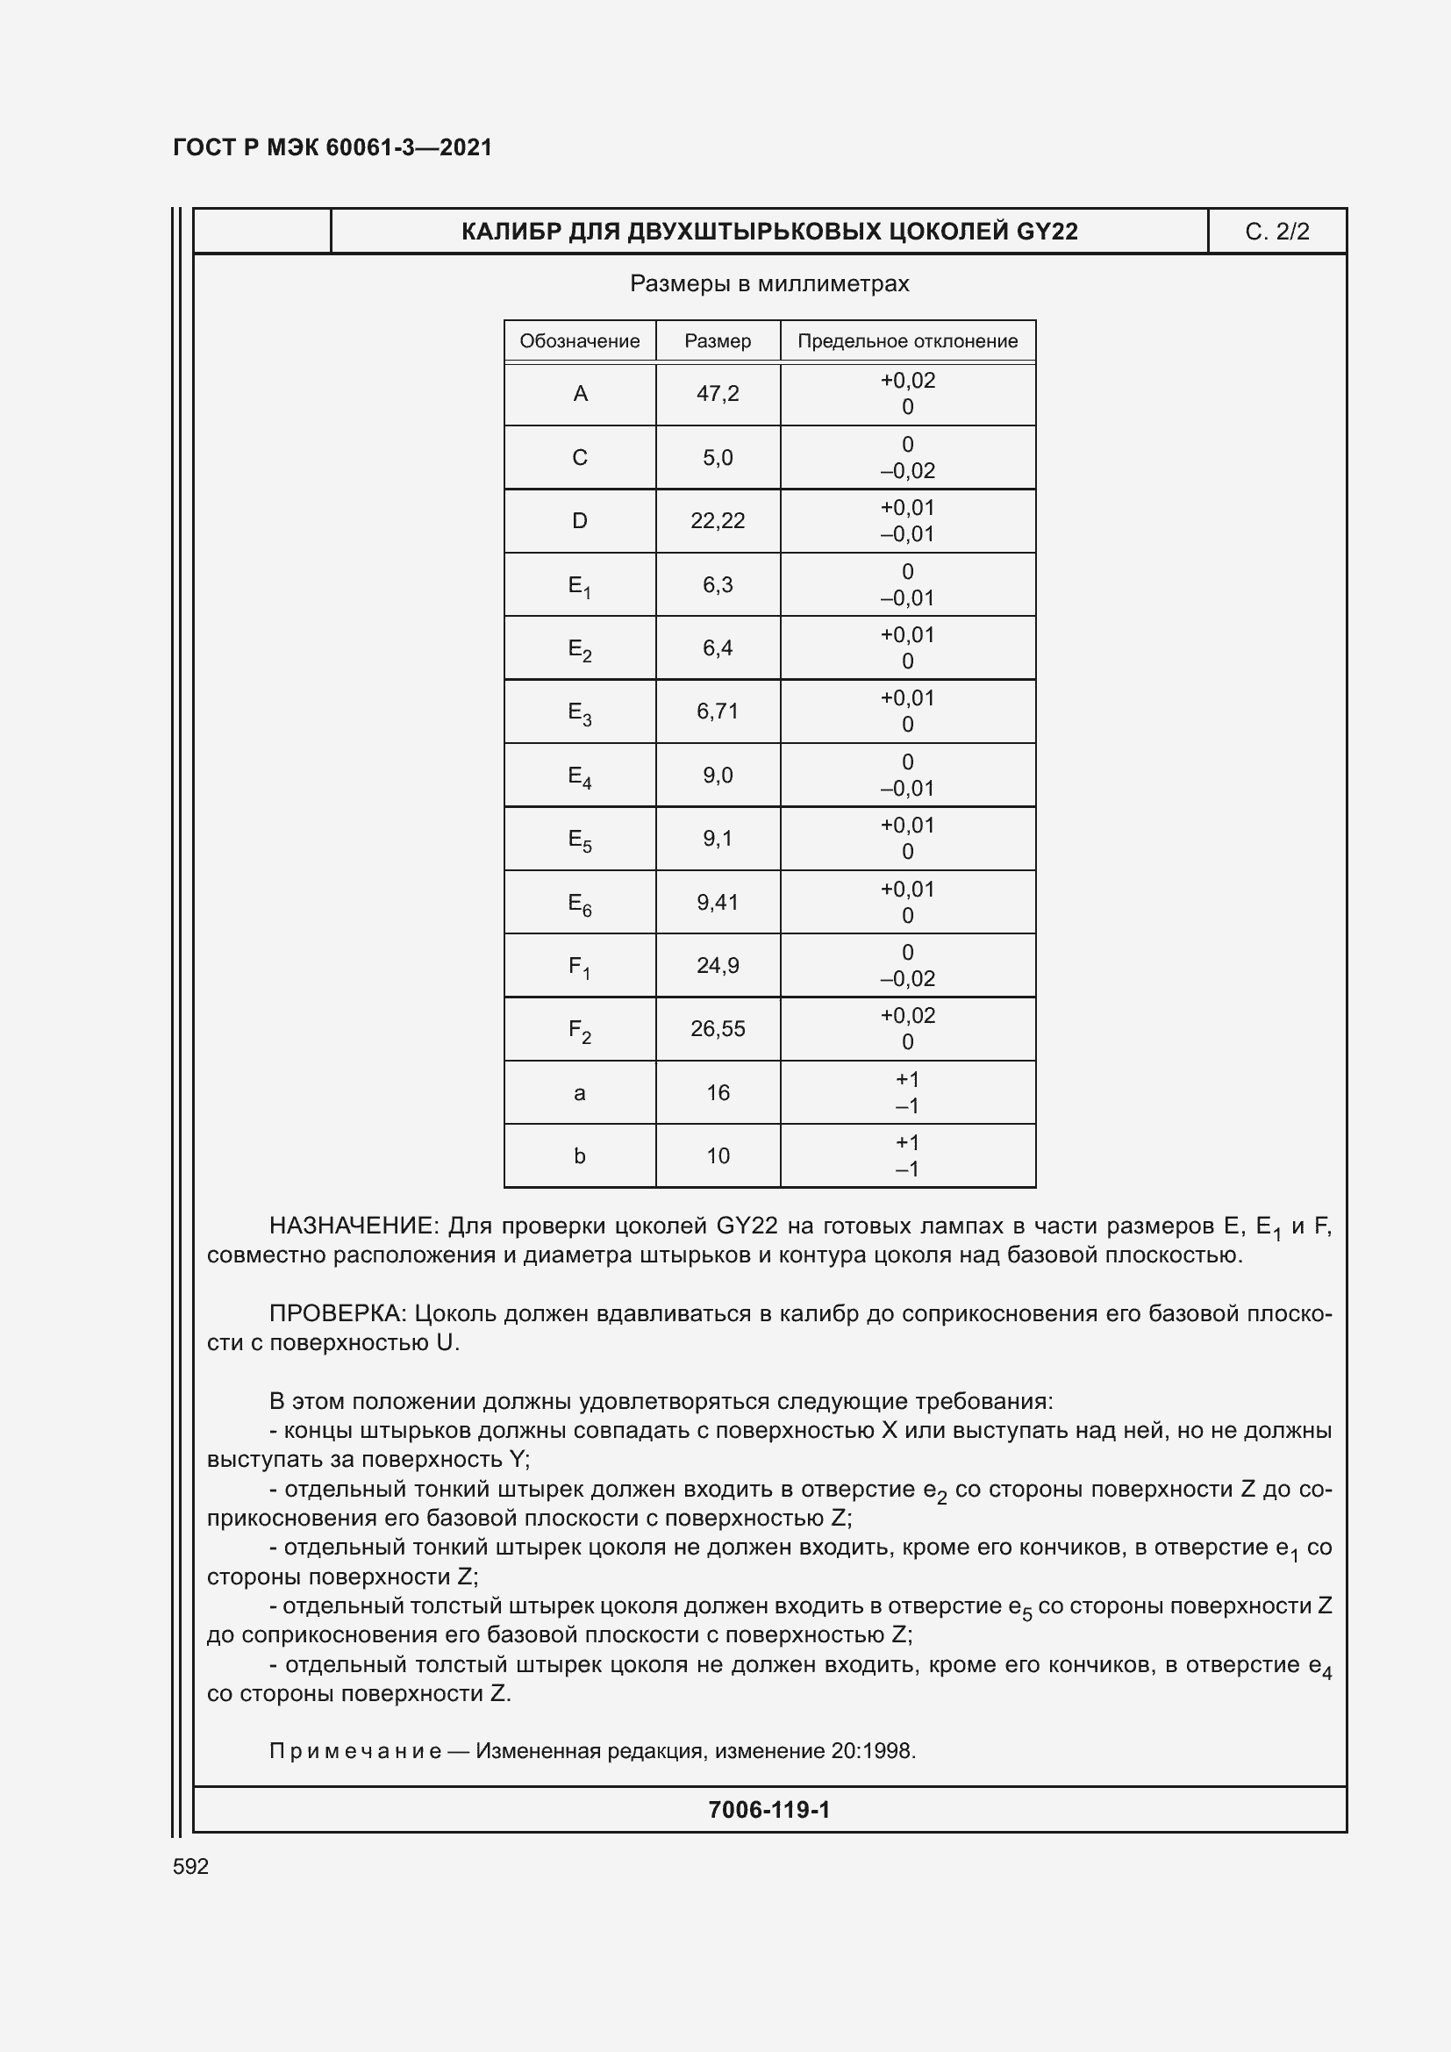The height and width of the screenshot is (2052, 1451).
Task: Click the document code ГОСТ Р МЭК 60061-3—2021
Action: point(332,147)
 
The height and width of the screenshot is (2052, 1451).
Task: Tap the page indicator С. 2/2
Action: point(1276,232)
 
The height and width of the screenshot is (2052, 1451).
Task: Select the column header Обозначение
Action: point(579,340)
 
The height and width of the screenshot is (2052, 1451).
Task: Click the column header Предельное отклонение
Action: point(907,340)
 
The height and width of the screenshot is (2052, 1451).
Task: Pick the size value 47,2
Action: point(718,393)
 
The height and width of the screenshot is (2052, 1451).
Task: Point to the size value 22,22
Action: point(718,520)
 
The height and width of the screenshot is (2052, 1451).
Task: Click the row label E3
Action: point(579,712)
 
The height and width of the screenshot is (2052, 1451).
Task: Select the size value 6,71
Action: point(718,711)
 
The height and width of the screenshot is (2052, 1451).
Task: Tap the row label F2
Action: point(579,1030)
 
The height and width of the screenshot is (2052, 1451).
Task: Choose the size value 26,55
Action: point(718,1029)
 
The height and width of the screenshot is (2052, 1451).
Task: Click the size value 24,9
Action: point(718,965)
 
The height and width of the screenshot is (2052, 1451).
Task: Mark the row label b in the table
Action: point(579,1155)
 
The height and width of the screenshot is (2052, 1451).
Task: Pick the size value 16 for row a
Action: point(718,1092)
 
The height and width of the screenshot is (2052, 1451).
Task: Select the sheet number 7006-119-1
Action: point(768,1810)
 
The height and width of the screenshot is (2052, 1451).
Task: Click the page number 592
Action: point(190,1866)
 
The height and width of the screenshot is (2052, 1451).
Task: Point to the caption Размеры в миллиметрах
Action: point(768,283)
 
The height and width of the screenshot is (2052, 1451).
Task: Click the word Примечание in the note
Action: point(354,1751)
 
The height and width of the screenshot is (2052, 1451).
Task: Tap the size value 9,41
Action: point(718,902)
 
